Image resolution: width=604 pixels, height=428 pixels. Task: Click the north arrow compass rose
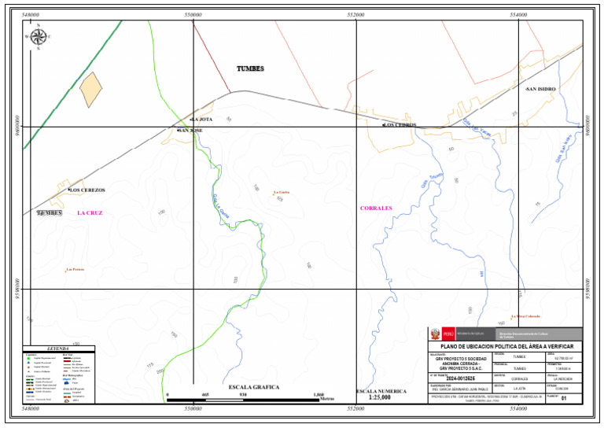(38, 35)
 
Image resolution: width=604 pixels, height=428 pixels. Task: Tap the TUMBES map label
(250, 69)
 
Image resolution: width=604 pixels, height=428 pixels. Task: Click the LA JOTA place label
(201, 119)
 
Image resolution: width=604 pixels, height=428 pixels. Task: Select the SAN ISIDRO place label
(541, 89)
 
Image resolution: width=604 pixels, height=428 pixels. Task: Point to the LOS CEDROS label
(400, 125)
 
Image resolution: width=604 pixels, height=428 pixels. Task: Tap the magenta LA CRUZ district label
(90, 213)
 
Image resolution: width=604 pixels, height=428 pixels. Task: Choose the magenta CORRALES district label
(376, 208)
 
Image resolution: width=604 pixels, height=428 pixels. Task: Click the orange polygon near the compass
(91, 90)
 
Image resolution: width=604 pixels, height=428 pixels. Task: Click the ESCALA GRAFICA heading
(254, 387)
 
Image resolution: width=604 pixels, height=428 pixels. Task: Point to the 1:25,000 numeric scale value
(381, 398)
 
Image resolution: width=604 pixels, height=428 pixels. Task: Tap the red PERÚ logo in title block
(449, 334)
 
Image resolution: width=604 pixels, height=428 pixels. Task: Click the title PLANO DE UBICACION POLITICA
(506, 347)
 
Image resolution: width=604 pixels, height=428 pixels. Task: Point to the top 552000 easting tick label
(355, 15)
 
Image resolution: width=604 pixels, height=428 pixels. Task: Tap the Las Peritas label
(75, 270)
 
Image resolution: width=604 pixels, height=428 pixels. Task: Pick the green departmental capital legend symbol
(29, 358)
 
